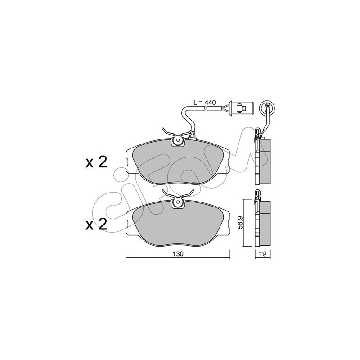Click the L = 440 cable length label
tap(205, 103)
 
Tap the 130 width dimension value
tap(178, 254)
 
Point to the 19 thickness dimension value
tap(263, 254)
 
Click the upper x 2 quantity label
tap(96, 162)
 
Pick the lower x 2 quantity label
tap(96, 224)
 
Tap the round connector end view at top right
tap(267, 106)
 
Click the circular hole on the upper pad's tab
tap(178, 140)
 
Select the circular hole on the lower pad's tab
tap(178, 202)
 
